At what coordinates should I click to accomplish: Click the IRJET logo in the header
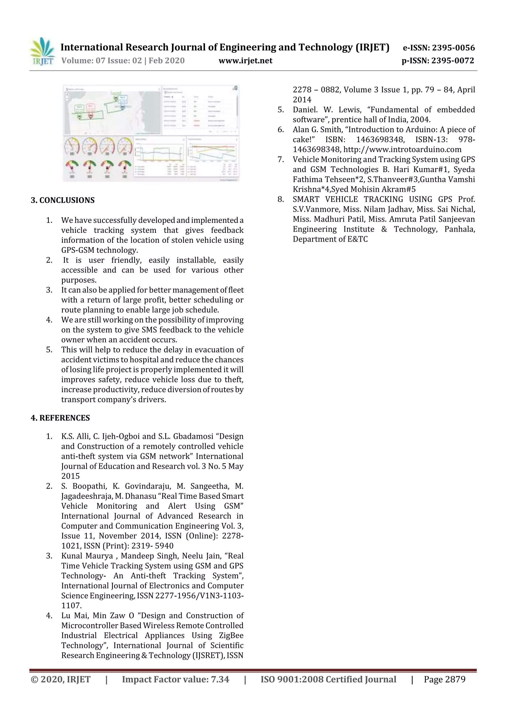point(42,51)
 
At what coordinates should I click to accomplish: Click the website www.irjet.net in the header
point(245,61)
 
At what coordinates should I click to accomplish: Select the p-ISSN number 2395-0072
point(452,61)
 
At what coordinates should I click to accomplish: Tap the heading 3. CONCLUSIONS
point(63,200)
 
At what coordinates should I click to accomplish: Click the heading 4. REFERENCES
point(60,418)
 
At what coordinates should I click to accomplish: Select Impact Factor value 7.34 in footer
point(175,679)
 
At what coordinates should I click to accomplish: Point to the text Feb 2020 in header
point(167,61)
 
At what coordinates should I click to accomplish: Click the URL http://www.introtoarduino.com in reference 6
point(402,150)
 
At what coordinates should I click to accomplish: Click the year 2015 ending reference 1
point(70,476)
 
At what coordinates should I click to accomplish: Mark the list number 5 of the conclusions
point(49,350)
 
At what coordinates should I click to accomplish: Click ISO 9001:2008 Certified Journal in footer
point(328,679)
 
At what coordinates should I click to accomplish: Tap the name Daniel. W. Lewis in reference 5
point(326,110)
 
